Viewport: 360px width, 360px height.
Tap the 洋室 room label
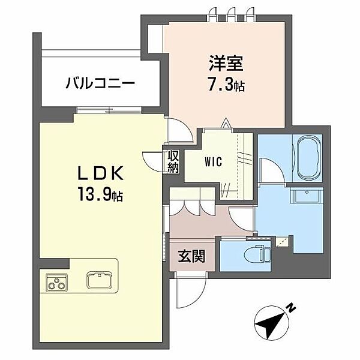point(222,62)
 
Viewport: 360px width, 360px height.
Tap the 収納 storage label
point(173,161)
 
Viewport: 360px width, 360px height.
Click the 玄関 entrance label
point(191,257)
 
